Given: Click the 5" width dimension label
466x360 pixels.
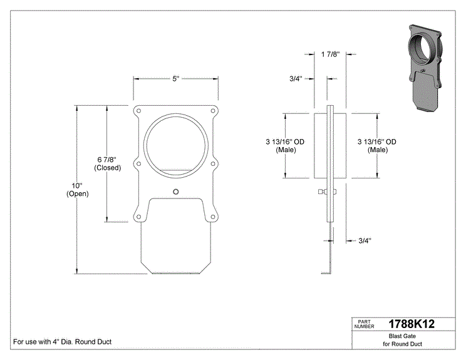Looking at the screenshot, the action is click(x=176, y=79).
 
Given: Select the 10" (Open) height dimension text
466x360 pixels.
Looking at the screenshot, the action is click(x=77, y=190).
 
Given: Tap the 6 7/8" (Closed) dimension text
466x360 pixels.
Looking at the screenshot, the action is click(x=108, y=163).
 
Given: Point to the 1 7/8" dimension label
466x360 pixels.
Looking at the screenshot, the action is click(x=330, y=54).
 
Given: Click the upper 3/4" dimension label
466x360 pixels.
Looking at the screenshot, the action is click(x=296, y=79).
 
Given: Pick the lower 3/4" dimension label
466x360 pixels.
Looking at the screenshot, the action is click(x=365, y=240).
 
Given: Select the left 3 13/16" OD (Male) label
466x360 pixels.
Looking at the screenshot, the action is click(x=286, y=146).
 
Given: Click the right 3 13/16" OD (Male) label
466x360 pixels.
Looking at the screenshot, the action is click(x=377, y=146).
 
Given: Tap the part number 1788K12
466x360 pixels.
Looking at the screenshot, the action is click(x=412, y=324).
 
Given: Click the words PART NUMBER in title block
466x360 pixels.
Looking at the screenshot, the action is click(x=364, y=324).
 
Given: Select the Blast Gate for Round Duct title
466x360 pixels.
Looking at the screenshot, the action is click(x=402, y=340).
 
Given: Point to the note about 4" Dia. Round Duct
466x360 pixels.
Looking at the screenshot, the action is click(x=63, y=342).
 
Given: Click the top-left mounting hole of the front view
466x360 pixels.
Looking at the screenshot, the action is click(x=138, y=111).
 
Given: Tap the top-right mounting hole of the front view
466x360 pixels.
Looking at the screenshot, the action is click(x=213, y=111).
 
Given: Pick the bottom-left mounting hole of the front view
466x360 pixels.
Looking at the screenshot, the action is click(x=138, y=217).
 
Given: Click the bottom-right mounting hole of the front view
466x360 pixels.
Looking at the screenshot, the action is click(x=213, y=217).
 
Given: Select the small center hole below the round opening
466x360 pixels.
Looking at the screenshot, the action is click(x=176, y=192).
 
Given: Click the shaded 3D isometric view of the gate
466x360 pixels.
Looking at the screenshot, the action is click(x=425, y=68).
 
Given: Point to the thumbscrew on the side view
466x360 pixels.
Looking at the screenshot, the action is click(x=323, y=192).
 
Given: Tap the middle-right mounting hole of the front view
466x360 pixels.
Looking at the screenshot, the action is click(x=213, y=163).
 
